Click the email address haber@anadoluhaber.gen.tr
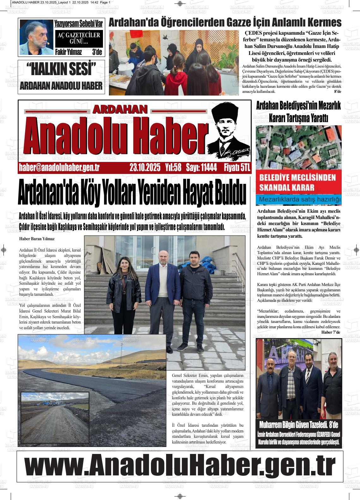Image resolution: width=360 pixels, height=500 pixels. click(x=59, y=168)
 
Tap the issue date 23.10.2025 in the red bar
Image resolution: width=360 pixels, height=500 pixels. click(x=145, y=168)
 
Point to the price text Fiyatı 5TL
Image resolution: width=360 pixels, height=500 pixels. click(x=237, y=168)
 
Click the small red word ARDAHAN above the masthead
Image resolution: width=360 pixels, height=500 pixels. click(x=120, y=109)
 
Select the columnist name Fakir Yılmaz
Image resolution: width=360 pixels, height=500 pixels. click(x=69, y=52)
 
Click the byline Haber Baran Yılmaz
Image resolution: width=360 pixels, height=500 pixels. click(x=37, y=239)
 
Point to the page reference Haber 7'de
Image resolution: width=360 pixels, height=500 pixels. click(x=331, y=332)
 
